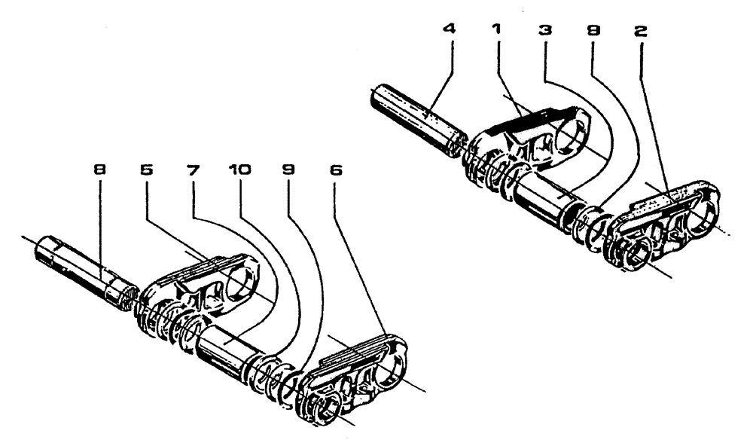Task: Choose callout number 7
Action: click(194, 171)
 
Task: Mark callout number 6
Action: click(336, 171)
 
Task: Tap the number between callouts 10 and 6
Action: click(290, 171)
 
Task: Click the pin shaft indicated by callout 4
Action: click(418, 120)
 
